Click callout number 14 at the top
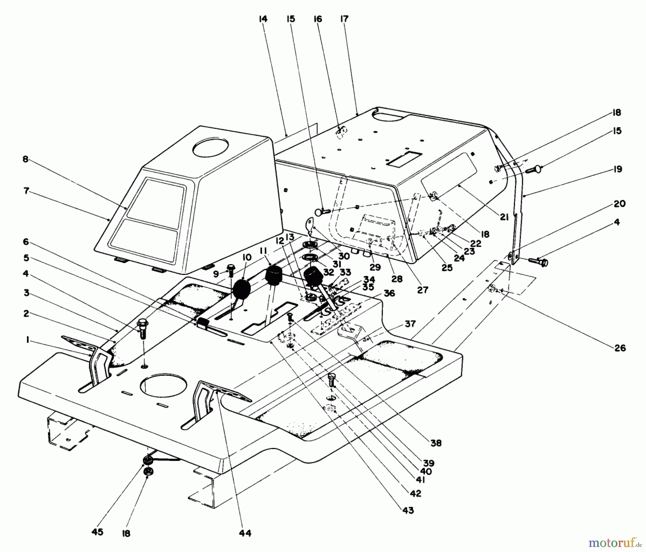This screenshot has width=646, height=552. (263, 19)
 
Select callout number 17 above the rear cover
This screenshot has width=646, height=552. (344, 19)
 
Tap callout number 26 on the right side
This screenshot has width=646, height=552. (620, 347)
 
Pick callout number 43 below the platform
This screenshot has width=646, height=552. (408, 510)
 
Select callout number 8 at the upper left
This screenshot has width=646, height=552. (25, 159)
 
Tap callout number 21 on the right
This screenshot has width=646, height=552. (504, 216)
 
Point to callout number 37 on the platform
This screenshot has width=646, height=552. (409, 323)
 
